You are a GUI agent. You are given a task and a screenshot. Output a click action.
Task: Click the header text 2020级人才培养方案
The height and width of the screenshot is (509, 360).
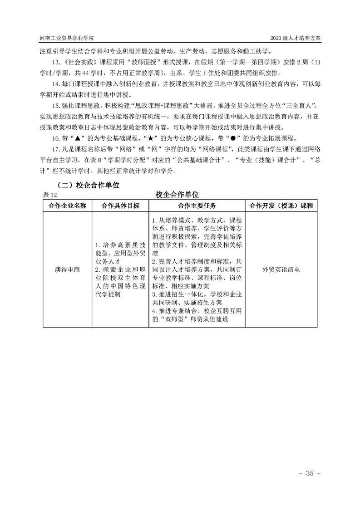[x=295, y=39]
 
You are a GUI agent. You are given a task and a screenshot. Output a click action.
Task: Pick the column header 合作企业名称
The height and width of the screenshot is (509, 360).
[x=67, y=206]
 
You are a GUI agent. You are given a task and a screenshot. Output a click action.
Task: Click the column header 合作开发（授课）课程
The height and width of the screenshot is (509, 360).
[x=281, y=206]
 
